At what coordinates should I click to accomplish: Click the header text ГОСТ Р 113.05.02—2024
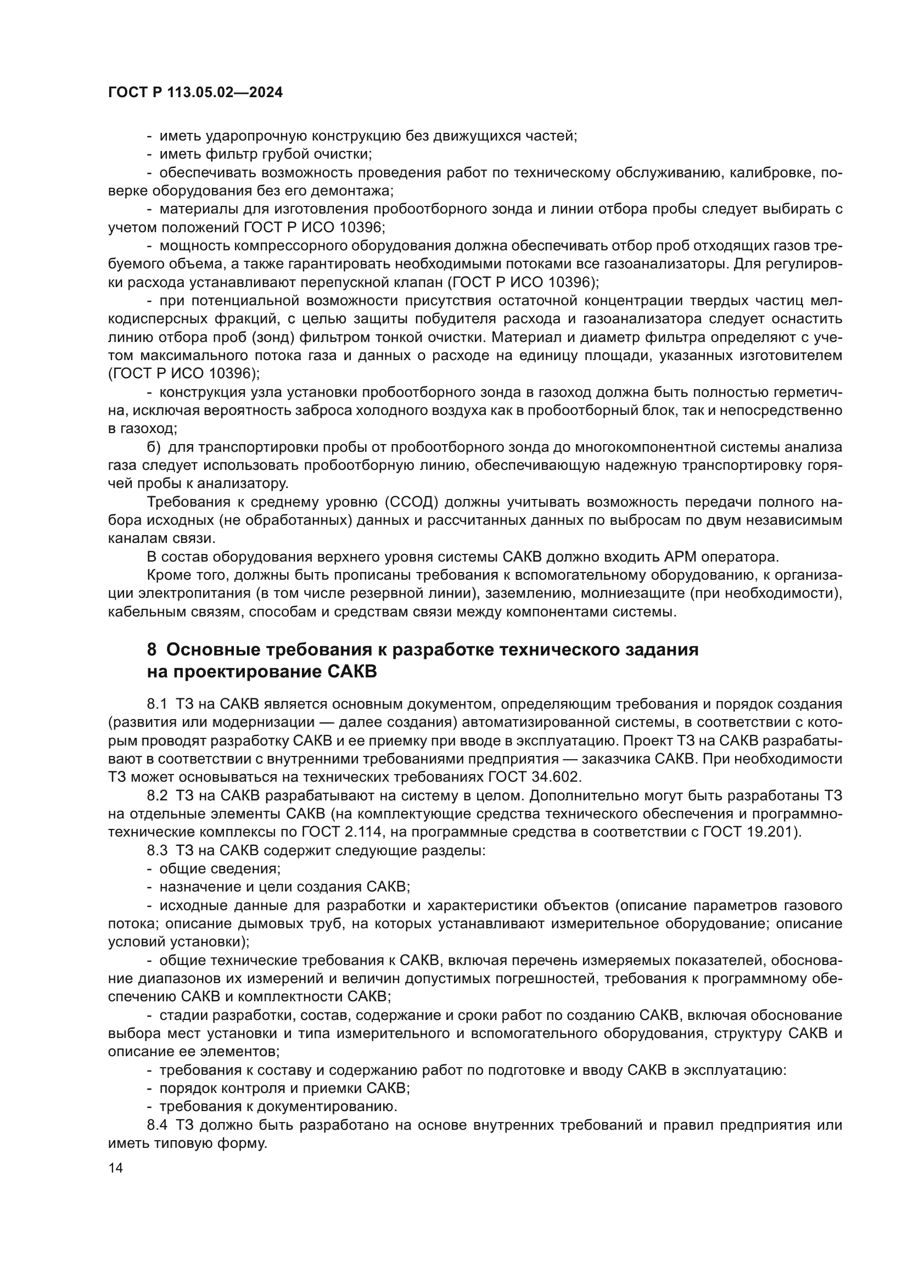(x=195, y=93)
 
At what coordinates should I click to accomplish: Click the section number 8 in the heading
(x=152, y=649)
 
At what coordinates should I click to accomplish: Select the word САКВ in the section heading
(x=351, y=671)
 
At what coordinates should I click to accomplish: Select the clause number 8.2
(x=157, y=795)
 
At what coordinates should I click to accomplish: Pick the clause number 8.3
(x=157, y=850)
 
